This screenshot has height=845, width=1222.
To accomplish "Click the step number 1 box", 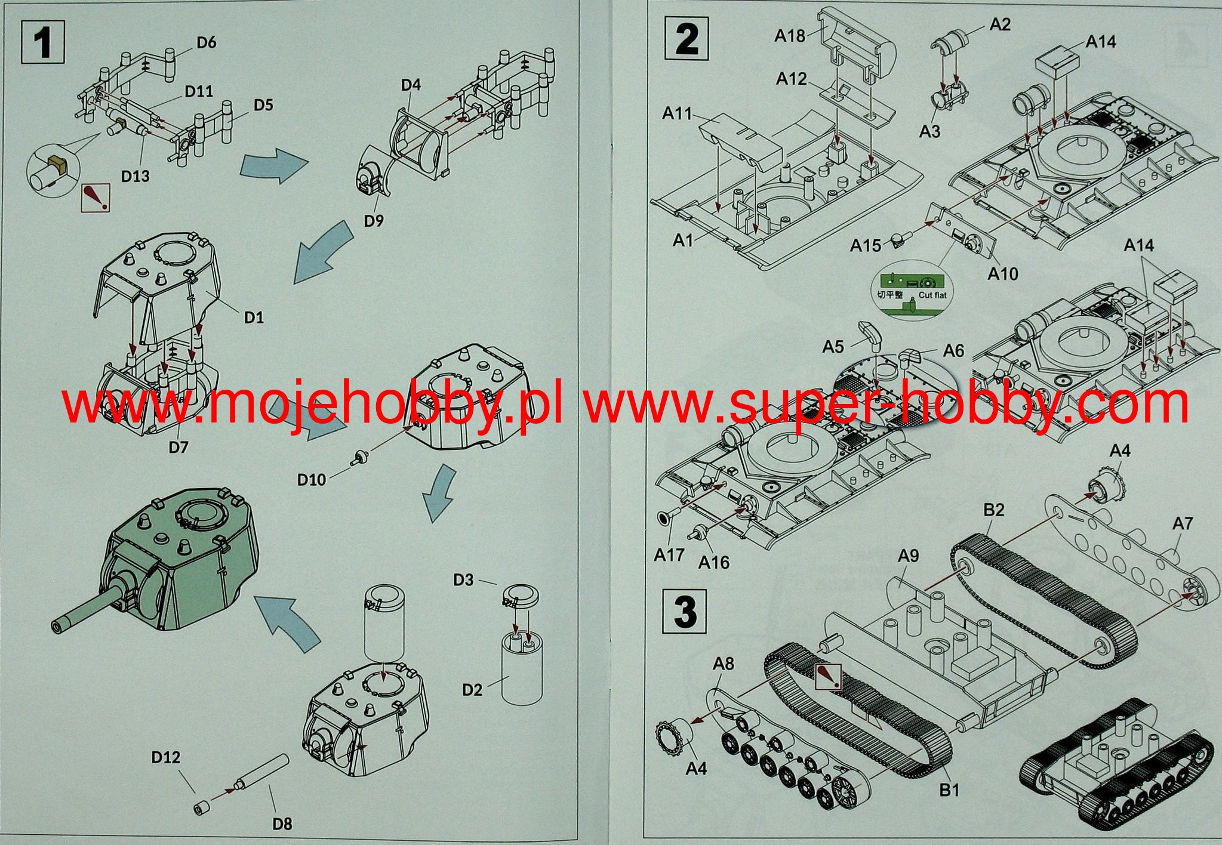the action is click(x=43, y=41).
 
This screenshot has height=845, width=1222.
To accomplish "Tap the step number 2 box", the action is click(x=687, y=38).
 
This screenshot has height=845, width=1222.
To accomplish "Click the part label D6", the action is click(x=206, y=42).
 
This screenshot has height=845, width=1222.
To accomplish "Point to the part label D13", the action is click(x=135, y=176).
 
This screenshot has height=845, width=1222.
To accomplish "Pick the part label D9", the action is click(x=374, y=221).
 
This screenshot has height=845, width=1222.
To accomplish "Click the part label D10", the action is click(x=312, y=479).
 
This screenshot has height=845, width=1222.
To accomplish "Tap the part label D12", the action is click(x=165, y=757).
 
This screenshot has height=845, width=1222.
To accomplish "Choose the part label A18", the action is click(x=790, y=36).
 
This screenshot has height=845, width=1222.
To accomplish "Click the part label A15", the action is click(x=865, y=245).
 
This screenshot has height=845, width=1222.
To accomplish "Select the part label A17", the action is click(x=669, y=555).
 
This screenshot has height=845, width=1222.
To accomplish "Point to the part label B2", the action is click(x=993, y=510).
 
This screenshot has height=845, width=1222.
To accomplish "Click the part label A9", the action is click(x=908, y=556).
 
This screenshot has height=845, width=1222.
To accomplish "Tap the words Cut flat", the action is click(x=932, y=295).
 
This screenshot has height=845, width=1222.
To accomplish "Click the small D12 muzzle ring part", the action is click(x=200, y=809).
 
